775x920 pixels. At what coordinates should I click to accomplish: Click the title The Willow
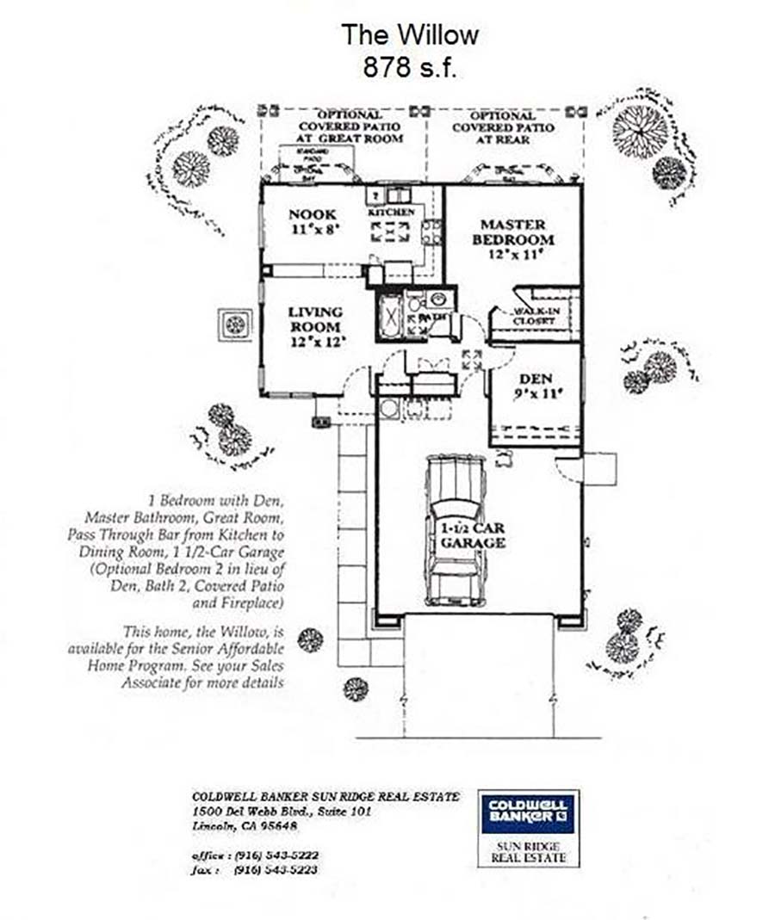point(409,35)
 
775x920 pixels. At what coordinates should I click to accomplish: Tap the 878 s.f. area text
point(409,68)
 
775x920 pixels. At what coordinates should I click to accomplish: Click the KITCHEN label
point(392,212)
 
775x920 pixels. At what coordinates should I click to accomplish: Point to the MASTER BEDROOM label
point(512,232)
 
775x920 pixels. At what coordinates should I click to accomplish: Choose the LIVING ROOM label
point(315,319)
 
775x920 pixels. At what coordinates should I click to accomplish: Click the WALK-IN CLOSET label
point(534,316)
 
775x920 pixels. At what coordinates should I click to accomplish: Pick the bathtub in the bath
point(390,317)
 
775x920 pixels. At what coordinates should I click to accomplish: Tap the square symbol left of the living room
point(234,325)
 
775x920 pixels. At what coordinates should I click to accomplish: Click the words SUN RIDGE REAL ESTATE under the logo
point(529,852)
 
